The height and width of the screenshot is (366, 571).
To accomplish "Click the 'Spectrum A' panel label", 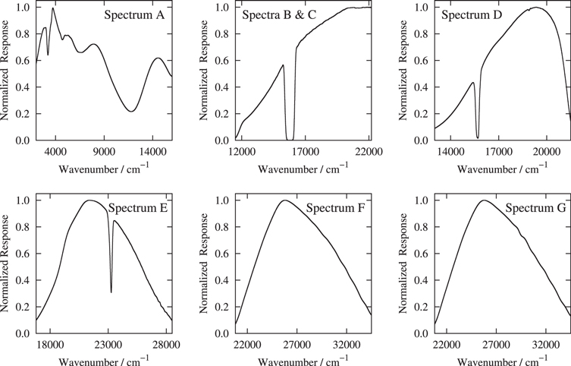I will click(134, 15).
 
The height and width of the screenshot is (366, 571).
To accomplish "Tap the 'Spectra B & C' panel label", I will click(279, 15).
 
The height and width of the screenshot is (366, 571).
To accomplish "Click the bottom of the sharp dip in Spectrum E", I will click(111, 292).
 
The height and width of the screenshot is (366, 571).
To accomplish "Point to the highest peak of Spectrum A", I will click(52, 8).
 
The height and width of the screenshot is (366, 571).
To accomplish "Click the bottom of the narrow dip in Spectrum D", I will click(478, 138).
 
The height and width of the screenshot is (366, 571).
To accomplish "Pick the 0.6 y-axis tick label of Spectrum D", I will click(422, 61).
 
